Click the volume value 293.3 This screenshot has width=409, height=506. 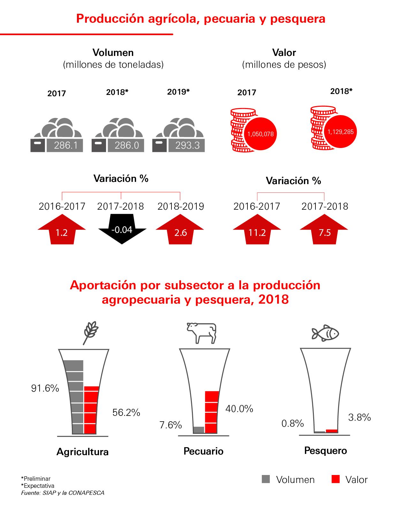point(187,146)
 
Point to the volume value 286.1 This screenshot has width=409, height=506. point(66,146)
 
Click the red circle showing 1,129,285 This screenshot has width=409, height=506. point(340,132)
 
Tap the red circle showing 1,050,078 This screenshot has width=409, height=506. point(261,134)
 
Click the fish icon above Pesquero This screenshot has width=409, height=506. point(325,333)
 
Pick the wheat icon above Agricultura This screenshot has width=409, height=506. point(91,333)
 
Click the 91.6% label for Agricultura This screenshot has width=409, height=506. point(45,388)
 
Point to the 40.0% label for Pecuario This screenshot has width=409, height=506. point(239,409)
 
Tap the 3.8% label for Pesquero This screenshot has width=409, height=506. point(360,417)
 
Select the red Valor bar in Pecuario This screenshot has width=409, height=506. point(212,412)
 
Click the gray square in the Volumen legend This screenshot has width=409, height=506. point(266,479)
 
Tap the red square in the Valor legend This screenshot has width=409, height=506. point(336,479)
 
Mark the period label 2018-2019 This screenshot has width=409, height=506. point(181,206)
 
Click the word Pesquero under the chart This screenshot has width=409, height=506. point(325,451)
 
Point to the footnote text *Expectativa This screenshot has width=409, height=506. point(38,486)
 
